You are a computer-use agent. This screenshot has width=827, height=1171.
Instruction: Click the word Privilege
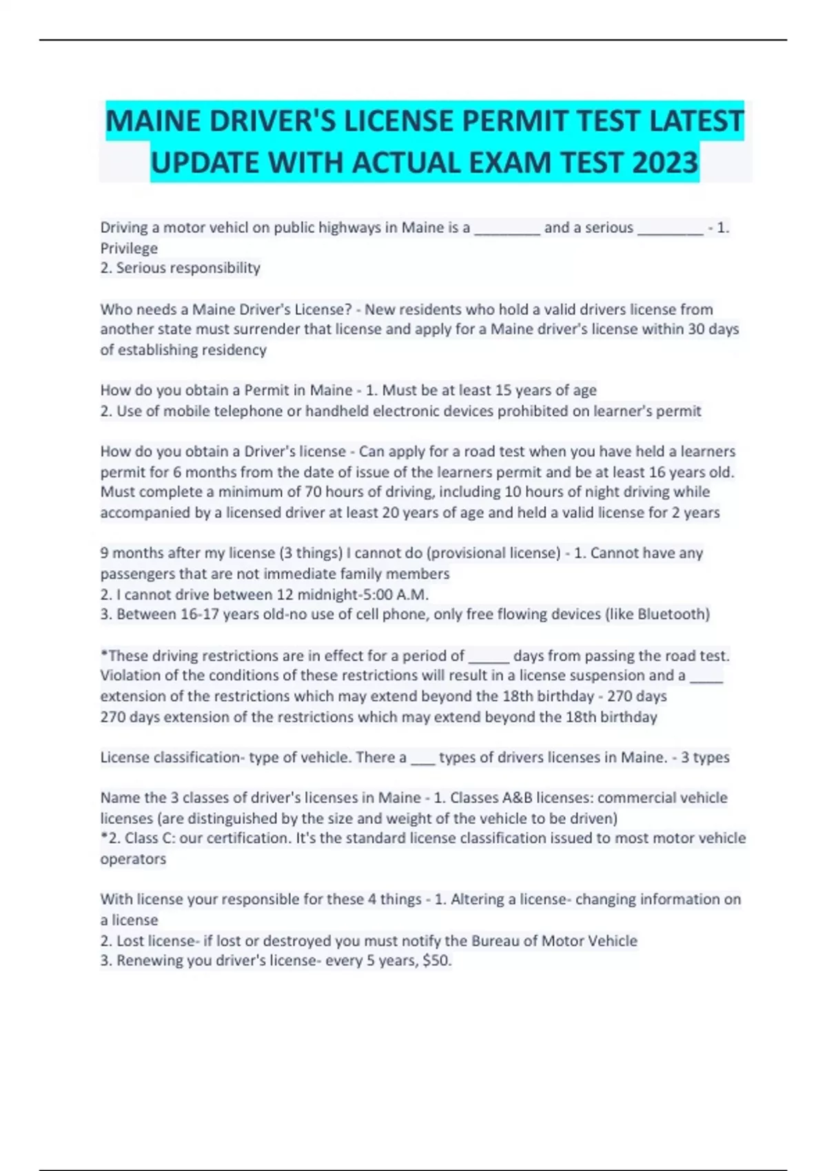(x=129, y=248)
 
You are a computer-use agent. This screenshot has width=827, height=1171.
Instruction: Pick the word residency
(x=234, y=350)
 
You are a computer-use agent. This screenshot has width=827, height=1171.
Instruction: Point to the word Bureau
(x=496, y=941)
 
